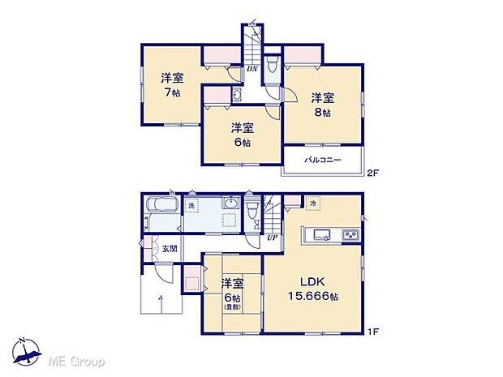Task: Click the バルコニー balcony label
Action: click(322, 160)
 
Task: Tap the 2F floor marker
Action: click(372, 173)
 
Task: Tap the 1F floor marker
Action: click(372, 331)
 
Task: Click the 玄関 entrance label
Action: click(169, 249)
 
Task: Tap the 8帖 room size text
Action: click(322, 113)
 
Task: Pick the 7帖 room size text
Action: click(170, 92)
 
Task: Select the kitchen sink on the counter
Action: click(318, 235)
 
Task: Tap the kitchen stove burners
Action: click(350, 235)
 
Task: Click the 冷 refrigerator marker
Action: click(313, 203)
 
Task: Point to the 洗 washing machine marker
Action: click(191, 206)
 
